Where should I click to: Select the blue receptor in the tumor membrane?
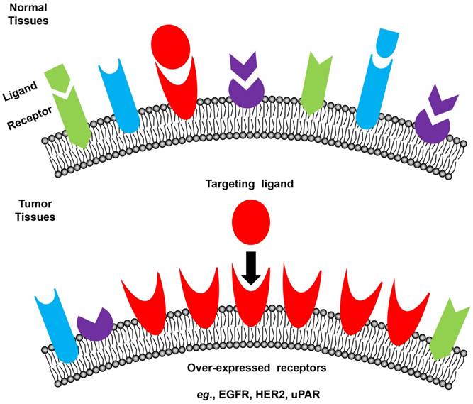pyautogui.click(x=54, y=320)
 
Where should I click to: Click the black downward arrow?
pyautogui.click(x=249, y=268)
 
